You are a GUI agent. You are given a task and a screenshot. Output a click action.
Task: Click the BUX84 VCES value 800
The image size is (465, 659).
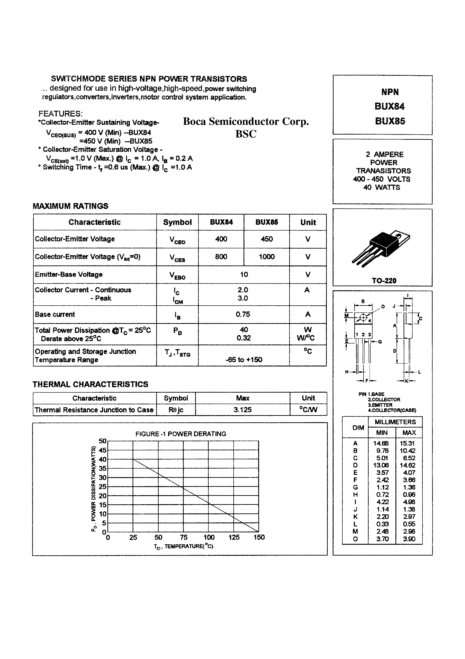(x=221, y=257)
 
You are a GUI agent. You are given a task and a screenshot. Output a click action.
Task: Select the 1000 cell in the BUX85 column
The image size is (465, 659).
(x=267, y=257)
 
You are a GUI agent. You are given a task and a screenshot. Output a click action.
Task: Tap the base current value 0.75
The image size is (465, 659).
(x=243, y=314)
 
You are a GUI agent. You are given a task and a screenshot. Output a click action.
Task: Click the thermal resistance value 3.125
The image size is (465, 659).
(x=243, y=410)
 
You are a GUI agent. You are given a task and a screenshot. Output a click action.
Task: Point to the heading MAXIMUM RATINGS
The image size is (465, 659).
(x=70, y=206)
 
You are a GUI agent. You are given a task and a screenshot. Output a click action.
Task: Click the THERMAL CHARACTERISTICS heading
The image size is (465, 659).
(x=90, y=384)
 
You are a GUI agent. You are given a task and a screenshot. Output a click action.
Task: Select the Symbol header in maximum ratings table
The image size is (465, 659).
(x=177, y=222)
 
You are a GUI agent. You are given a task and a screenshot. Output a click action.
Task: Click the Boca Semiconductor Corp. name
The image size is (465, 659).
(x=246, y=121)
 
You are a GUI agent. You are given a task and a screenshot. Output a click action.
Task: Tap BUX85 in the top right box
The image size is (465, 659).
(x=390, y=121)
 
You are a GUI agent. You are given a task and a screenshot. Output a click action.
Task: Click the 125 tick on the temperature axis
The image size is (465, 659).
(x=234, y=537)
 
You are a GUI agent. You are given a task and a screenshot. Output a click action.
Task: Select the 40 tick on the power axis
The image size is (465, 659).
(x=102, y=459)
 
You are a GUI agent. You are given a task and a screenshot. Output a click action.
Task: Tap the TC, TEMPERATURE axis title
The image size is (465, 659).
(x=183, y=546)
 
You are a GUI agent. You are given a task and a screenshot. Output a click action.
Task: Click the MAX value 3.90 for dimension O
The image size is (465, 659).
(x=409, y=539)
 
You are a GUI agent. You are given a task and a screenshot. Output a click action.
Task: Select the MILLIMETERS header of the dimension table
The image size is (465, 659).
(x=395, y=422)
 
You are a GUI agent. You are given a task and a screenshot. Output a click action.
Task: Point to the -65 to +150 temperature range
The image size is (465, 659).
(x=244, y=360)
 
